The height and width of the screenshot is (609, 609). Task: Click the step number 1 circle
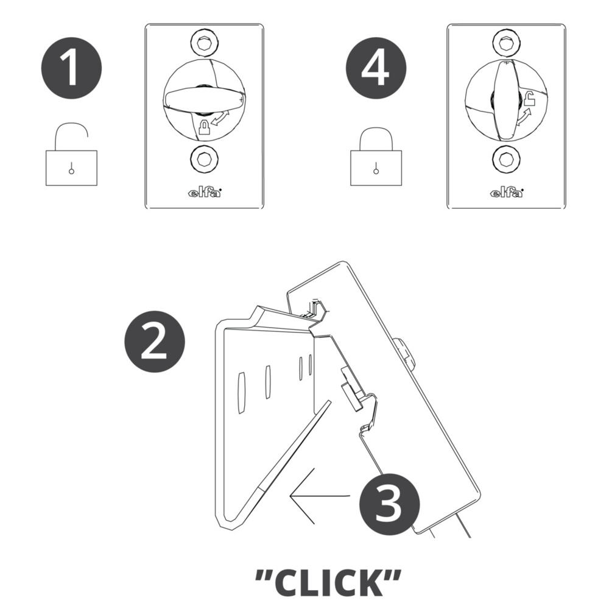pyautogui.click(x=71, y=68)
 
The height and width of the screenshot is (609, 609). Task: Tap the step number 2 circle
pyautogui.click(x=155, y=342)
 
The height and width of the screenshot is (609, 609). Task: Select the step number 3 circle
pyautogui.click(x=390, y=504)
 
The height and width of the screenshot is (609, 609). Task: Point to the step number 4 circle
pyautogui.click(x=376, y=68)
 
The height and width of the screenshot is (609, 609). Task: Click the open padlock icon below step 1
pyautogui.click(x=71, y=155)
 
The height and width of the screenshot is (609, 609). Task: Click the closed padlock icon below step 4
pyautogui.click(x=376, y=156)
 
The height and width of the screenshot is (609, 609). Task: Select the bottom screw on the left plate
pyautogui.click(x=204, y=159)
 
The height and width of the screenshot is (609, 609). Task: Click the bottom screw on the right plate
pyautogui.click(x=505, y=159)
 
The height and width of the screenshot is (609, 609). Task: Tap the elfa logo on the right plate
pyautogui.click(x=507, y=192)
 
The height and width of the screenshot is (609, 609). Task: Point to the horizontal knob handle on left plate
pyautogui.click(x=205, y=99)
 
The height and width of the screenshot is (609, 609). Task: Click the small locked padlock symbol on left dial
pyautogui.click(x=204, y=127)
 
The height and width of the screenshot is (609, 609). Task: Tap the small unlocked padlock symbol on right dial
pyautogui.click(x=530, y=99)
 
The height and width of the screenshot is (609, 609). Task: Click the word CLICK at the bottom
pyautogui.click(x=328, y=583)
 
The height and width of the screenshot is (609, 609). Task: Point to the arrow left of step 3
pyautogui.click(x=320, y=496)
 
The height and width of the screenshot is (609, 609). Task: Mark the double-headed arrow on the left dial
pyautogui.click(x=220, y=119)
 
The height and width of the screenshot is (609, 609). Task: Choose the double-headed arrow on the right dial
pyautogui.click(x=523, y=118)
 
